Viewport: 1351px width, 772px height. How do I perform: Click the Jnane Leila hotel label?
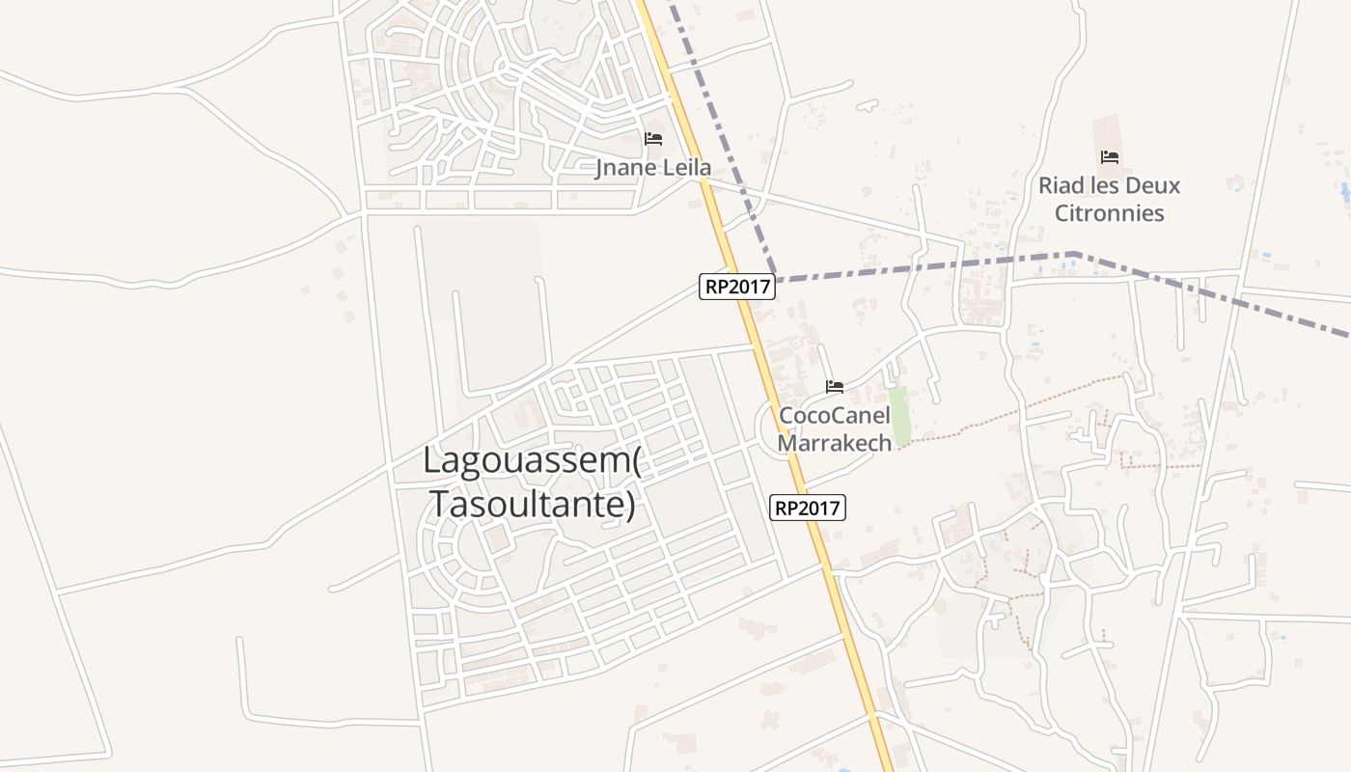click(653, 168)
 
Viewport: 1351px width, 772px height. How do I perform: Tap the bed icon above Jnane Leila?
click(653, 139)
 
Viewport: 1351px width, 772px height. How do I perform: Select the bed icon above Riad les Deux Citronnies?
click(1109, 157)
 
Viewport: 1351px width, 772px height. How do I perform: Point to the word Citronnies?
click(1109, 213)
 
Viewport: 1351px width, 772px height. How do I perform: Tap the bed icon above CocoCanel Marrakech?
click(835, 387)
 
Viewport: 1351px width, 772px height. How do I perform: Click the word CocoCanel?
click(835, 416)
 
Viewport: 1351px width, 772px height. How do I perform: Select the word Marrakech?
click(835, 443)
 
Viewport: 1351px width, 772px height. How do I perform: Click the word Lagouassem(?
click(533, 460)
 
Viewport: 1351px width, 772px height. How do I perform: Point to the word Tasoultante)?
click(533, 504)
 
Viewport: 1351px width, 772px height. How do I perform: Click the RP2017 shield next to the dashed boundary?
click(737, 287)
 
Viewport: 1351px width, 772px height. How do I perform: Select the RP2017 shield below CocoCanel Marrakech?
click(808, 508)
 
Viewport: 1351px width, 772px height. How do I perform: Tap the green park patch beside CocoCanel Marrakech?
click(900, 416)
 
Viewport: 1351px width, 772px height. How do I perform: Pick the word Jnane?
click(622, 168)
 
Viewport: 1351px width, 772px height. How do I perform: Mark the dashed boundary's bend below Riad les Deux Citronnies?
click(1074, 254)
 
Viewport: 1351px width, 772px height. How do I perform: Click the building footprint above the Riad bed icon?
click(1108, 130)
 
